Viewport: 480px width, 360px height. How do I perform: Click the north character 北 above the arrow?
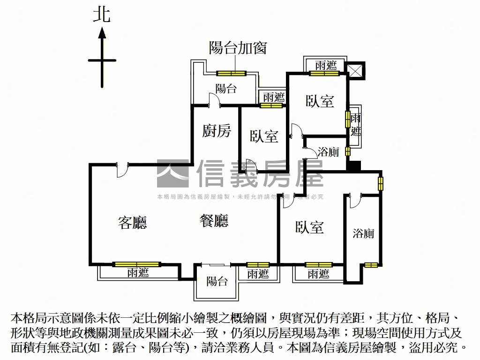click(102, 15)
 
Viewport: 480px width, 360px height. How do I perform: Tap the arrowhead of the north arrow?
click(102, 33)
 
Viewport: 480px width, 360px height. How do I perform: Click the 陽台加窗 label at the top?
click(238, 48)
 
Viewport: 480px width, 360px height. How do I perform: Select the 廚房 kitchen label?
click(217, 131)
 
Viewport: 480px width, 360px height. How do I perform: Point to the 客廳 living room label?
click(132, 223)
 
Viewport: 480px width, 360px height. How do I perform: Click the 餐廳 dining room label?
click(214, 221)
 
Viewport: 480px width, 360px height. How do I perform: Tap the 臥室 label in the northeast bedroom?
click(320, 101)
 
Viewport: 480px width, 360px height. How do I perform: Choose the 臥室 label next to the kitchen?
click(264, 136)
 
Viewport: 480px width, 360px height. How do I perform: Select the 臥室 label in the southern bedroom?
click(309, 227)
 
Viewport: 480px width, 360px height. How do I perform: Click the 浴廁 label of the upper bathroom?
click(328, 152)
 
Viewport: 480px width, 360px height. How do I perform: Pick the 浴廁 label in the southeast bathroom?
click(364, 233)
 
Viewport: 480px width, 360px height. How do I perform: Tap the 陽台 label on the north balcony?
click(226, 89)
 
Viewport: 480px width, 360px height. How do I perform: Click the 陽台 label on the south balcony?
click(217, 281)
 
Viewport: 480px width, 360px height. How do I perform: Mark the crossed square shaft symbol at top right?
click(356, 71)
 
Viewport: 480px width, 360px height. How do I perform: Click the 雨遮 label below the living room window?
click(138, 273)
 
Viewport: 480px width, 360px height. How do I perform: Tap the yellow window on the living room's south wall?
click(136, 264)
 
